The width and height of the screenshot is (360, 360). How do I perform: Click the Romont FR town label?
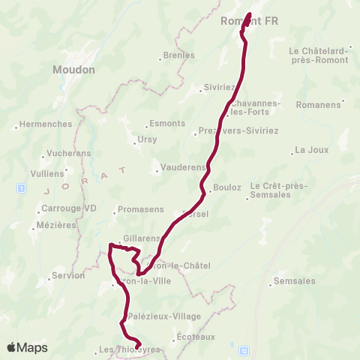click(250, 22)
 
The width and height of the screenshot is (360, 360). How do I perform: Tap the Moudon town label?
click(74, 69)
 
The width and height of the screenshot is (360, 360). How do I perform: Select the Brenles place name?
click(178, 55)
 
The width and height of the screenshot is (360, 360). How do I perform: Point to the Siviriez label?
click(219, 87)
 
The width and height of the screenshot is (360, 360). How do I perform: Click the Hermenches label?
click(45, 124)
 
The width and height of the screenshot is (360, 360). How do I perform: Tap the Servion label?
click(68, 276)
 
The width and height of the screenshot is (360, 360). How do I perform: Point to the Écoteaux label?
click(196, 337)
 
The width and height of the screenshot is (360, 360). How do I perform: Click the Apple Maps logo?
click(27, 348)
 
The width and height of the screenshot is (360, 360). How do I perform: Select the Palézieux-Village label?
click(164, 316)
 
